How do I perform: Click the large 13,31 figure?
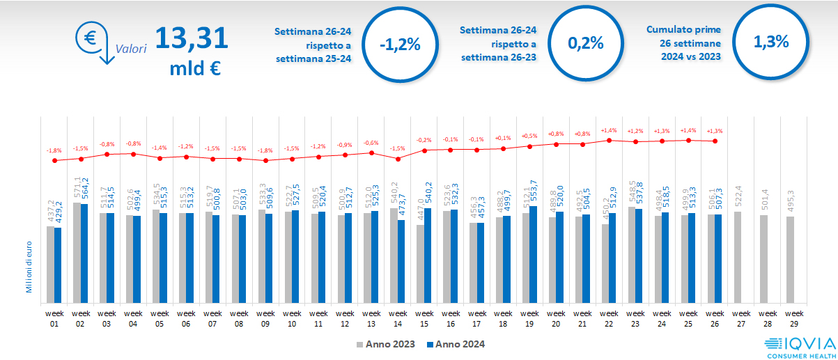(192, 38)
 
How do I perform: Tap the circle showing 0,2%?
(585, 42)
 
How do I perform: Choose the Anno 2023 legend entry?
(386, 344)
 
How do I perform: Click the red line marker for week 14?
(398, 159)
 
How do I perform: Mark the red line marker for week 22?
(610, 140)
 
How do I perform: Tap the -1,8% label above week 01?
(54, 150)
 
